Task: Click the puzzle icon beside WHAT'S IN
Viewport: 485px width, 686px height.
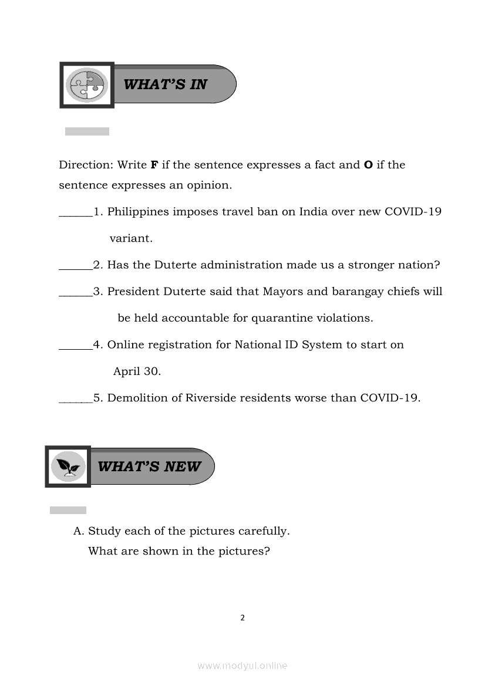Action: (x=86, y=85)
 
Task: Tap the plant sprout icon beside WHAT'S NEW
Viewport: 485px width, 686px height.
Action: (x=68, y=467)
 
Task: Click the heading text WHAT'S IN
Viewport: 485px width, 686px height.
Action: (x=165, y=85)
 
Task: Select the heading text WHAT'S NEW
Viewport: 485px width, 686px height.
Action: (x=149, y=467)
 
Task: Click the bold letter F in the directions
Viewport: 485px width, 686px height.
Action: (x=154, y=165)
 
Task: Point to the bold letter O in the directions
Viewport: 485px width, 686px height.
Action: (x=368, y=165)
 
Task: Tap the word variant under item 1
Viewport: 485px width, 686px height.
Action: (x=131, y=239)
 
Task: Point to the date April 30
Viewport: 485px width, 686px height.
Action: (x=137, y=371)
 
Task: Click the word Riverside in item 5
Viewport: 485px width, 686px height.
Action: (x=211, y=398)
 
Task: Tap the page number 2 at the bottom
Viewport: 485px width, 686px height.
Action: (x=242, y=617)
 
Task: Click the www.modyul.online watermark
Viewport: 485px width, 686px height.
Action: (x=242, y=666)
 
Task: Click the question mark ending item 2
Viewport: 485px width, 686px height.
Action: (x=437, y=265)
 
